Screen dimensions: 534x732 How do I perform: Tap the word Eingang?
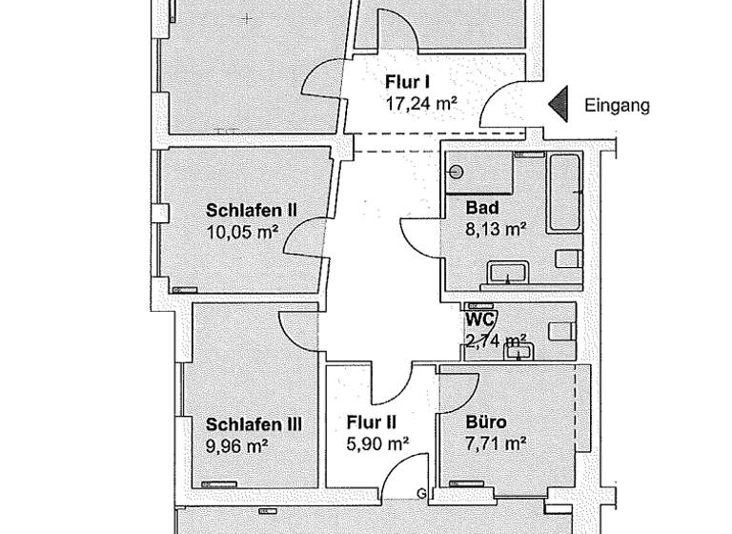click(x=618, y=106)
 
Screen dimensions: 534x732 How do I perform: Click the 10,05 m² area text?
click(x=242, y=231)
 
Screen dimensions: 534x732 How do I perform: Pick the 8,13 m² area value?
click(x=496, y=229)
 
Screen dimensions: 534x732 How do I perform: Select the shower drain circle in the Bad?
click(x=456, y=173)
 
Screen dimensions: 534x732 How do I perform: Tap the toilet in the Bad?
click(x=568, y=258)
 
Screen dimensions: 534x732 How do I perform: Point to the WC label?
click(x=479, y=319)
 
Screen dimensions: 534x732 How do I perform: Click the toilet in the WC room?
click(x=563, y=330)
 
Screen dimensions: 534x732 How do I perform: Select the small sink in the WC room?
click(x=520, y=351)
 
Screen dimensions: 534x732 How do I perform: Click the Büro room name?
click(x=486, y=422)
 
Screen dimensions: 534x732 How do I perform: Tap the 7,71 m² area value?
click(x=496, y=443)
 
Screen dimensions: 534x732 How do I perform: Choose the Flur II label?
click(x=373, y=422)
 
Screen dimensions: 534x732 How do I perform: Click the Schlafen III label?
click(x=254, y=424)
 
